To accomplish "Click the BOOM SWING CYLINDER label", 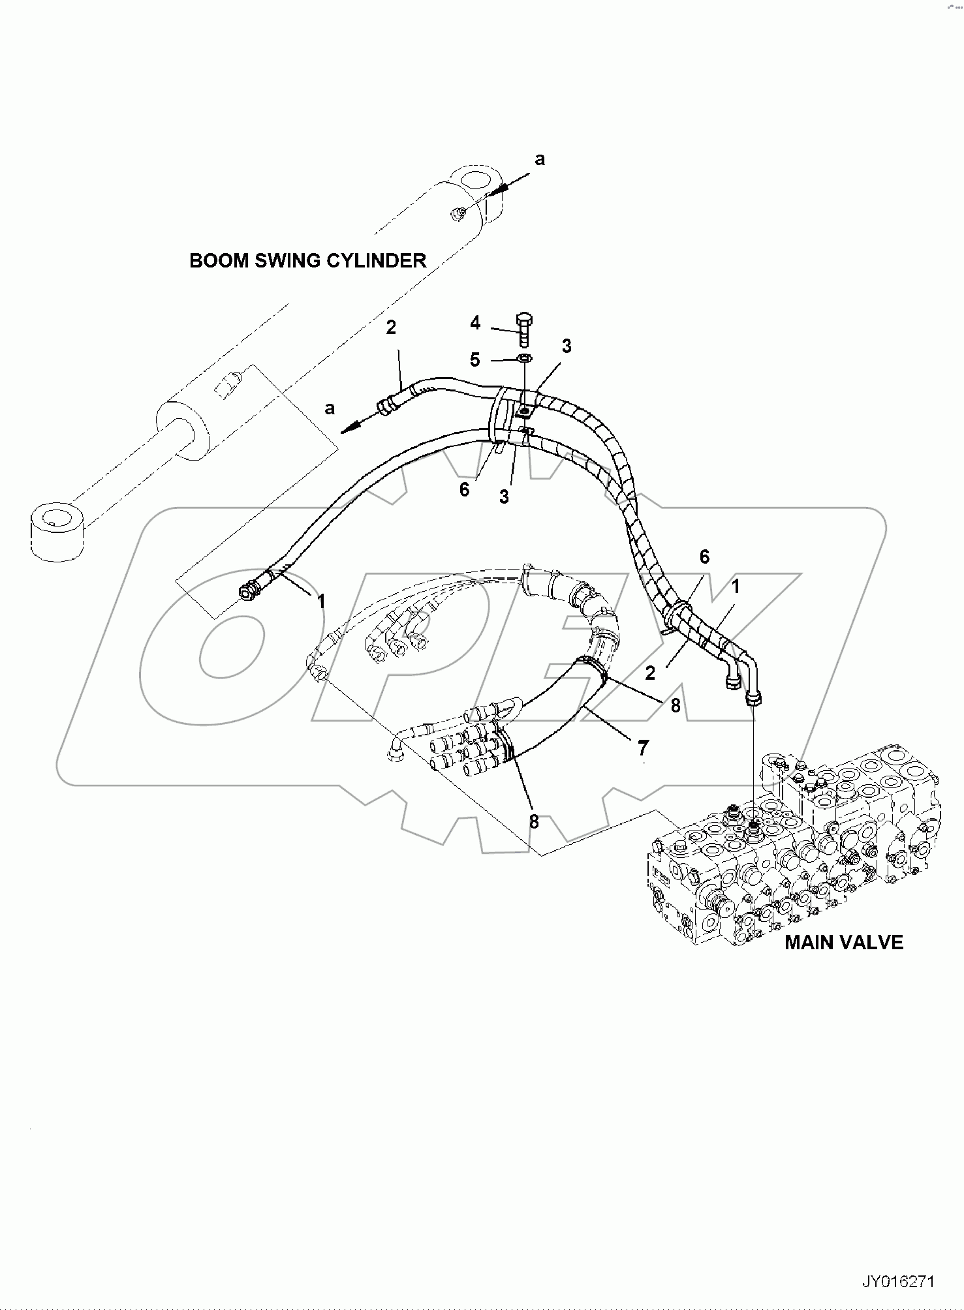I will pyautogui.click(x=307, y=260).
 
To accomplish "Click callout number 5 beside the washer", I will pyautogui.click(x=475, y=359).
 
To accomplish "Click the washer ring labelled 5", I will pyautogui.click(x=524, y=358).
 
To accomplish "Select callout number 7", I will pyautogui.click(x=643, y=746).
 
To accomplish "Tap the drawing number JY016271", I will pyautogui.click(x=899, y=1282).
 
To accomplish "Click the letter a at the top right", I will pyautogui.click(x=540, y=159).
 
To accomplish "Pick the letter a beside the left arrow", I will pyautogui.click(x=330, y=408).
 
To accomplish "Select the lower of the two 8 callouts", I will pyautogui.click(x=534, y=822).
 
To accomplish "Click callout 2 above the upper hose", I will pyautogui.click(x=390, y=327).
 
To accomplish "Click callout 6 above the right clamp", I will pyautogui.click(x=704, y=556).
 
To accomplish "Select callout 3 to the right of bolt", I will pyautogui.click(x=567, y=346).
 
